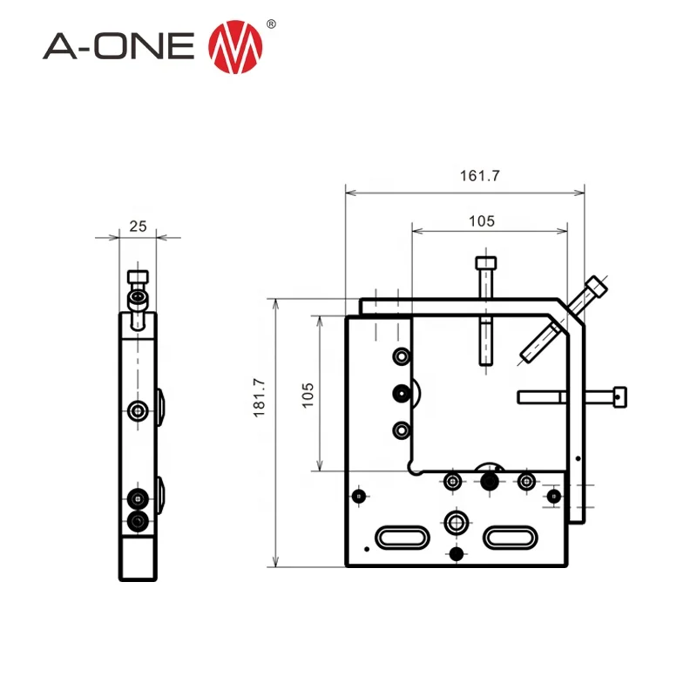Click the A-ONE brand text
118,46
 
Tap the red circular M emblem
234,46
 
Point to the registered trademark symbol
271,24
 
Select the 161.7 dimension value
480,175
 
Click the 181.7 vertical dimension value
259,398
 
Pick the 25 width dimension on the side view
138,226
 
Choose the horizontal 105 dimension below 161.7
481,221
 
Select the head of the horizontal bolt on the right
619,397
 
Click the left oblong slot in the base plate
402,537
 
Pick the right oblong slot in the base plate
511,537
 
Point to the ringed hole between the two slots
455,523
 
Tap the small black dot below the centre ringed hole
455,554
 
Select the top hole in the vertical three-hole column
401,356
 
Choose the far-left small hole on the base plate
358,496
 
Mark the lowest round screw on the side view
137,521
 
